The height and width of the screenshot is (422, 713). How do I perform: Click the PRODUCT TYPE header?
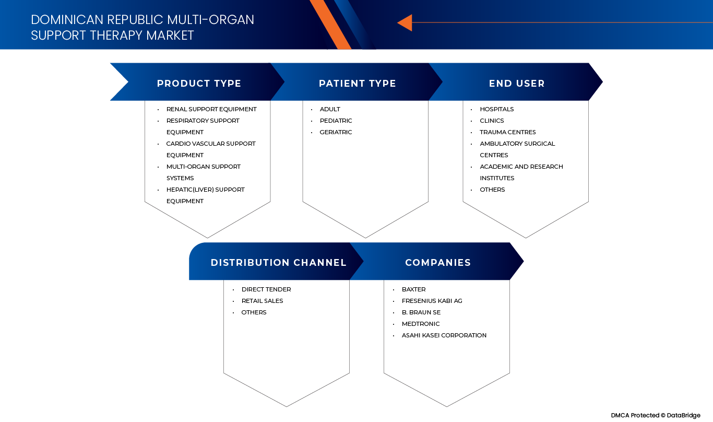tap(199, 84)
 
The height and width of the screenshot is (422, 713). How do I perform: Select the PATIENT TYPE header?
tap(357, 84)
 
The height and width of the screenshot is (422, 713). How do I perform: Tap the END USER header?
tap(517, 84)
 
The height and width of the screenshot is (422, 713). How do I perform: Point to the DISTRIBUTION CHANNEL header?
tap(278, 263)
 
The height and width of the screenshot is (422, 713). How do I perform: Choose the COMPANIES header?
tap(438, 263)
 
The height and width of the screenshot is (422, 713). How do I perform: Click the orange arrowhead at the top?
tap(405, 23)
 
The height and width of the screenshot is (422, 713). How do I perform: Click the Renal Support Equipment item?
tap(211, 109)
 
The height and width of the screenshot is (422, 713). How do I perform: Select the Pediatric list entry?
tap(336, 121)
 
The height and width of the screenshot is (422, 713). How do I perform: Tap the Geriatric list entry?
tap(336, 132)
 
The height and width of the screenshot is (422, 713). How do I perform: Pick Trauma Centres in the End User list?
tap(508, 132)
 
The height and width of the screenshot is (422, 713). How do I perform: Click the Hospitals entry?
tap(497, 109)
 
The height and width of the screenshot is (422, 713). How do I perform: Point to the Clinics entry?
tap(492, 121)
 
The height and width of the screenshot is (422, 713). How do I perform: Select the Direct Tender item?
tap(266, 289)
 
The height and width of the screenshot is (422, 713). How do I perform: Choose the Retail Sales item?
tap(262, 301)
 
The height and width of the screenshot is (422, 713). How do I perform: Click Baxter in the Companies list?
tap(413, 289)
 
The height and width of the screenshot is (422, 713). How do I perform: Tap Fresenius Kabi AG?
tap(432, 301)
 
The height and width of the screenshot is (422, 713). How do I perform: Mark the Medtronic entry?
tap(421, 324)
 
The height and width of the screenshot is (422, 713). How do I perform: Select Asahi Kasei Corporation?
tap(444, 335)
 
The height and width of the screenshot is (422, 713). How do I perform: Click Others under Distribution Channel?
tap(254, 312)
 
